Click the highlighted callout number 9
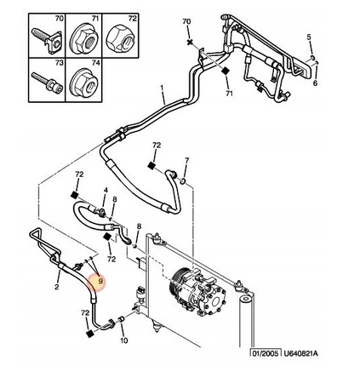100,282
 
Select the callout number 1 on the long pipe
162,89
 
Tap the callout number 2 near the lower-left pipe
57,287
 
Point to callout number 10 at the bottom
124,340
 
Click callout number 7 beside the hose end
186,160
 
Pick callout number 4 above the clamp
106,190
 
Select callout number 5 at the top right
309,37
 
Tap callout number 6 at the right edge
315,83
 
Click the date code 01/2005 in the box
266,353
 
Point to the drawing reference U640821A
300,353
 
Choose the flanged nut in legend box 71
84,39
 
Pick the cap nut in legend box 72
120,38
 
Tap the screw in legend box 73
47,83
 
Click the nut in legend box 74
84,83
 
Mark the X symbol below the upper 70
190,43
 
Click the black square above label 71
226,71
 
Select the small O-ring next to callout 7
183,180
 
